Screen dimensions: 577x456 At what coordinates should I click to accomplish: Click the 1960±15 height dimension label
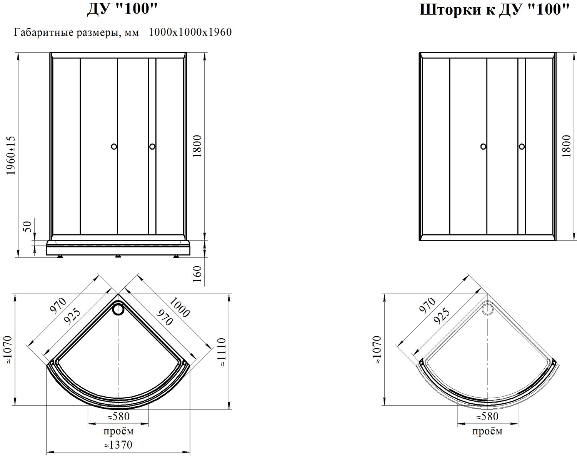click(11, 155)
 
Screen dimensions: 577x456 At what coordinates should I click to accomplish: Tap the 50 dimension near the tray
click(28, 227)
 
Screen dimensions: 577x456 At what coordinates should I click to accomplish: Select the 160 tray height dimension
click(197, 274)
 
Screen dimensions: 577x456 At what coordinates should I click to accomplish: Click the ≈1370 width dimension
click(118, 445)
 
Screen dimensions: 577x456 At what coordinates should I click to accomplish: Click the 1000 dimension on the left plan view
click(179, 307)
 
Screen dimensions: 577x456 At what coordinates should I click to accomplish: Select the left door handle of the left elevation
click(114, 147)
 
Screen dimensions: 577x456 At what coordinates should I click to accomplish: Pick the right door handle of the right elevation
click(522, 147)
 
